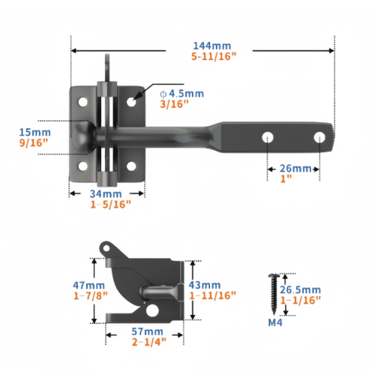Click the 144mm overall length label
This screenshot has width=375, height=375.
[x=212, y=46]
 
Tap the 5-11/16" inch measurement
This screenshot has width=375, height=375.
[x=214, y=56]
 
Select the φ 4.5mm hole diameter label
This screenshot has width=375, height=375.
[x=181, y=94]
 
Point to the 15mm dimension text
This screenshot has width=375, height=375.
[x=35, y=132]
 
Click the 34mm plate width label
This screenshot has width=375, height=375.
[x=106, y=193]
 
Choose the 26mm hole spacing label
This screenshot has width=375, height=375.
[x=295, y=169]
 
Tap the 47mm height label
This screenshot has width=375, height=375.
[x=88, y=285]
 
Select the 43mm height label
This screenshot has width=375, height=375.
[x=205, y=285]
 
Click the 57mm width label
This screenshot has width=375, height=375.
[x=148, y=331]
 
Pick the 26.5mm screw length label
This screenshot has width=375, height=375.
[x=300, y=289]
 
